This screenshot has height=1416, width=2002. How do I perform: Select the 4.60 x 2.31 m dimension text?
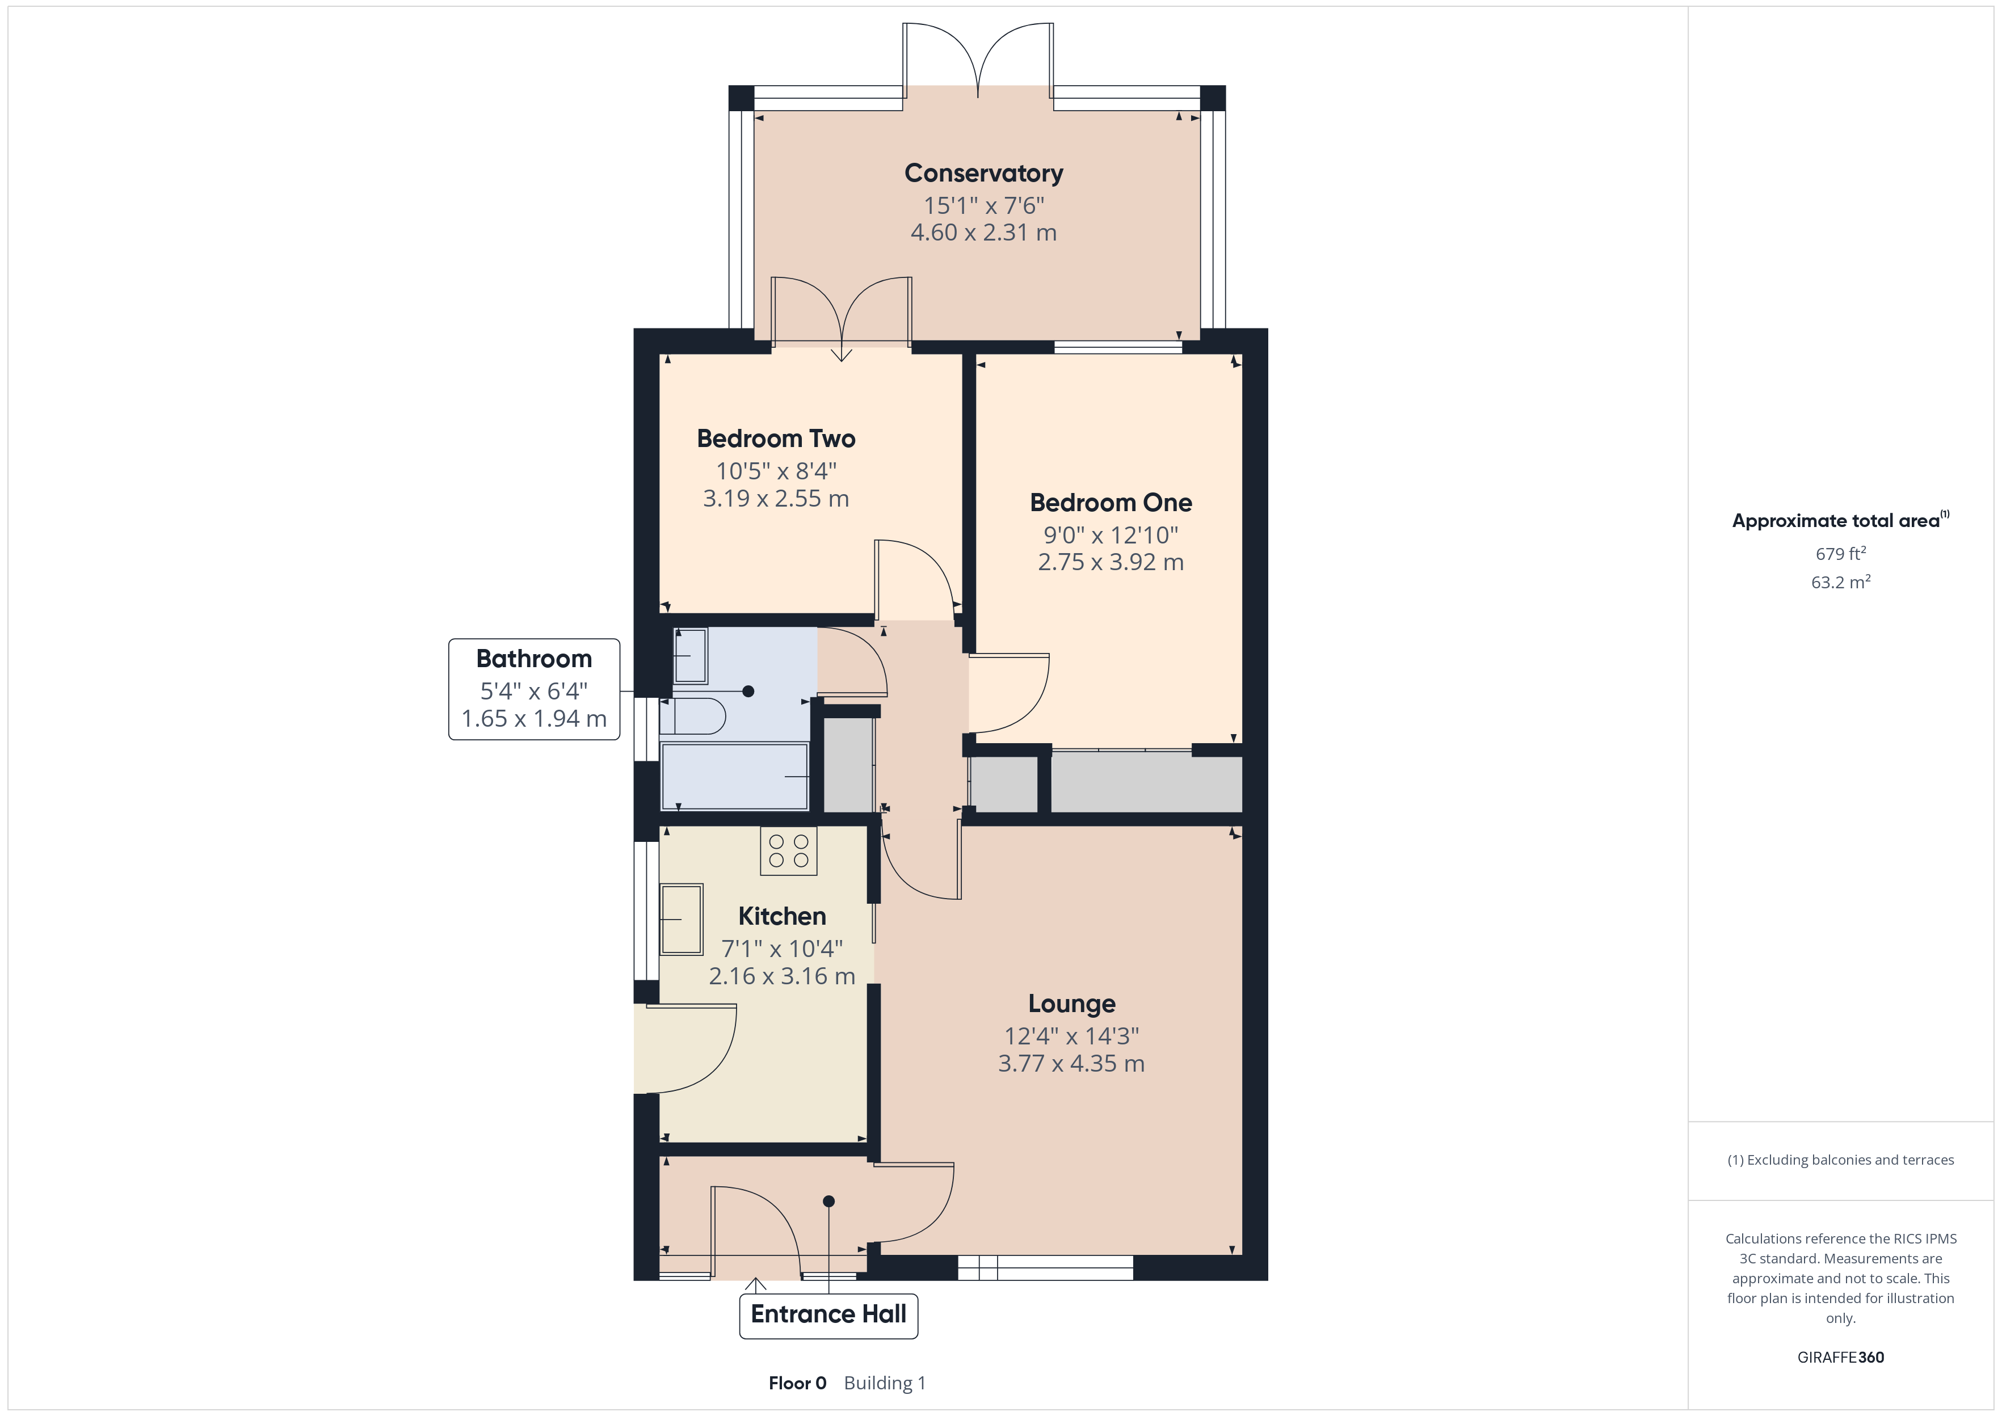(983, 233)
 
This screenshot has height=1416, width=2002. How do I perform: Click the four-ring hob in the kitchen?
(788, 851)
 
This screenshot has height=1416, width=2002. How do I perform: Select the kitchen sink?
(681, 920)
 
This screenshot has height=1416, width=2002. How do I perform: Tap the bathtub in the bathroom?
(734, 776)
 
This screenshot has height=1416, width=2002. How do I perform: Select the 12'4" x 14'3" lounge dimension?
(1071, 1036)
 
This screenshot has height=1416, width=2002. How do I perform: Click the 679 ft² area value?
(1840, 554)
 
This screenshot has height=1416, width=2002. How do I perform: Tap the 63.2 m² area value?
(1840, 583)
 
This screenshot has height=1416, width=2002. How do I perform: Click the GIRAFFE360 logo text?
(1840, 1358)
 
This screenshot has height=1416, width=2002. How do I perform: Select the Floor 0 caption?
(797, 1383)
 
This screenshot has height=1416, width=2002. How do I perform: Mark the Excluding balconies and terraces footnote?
(1840, 1160)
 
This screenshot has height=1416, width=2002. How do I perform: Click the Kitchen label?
(781, 916)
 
